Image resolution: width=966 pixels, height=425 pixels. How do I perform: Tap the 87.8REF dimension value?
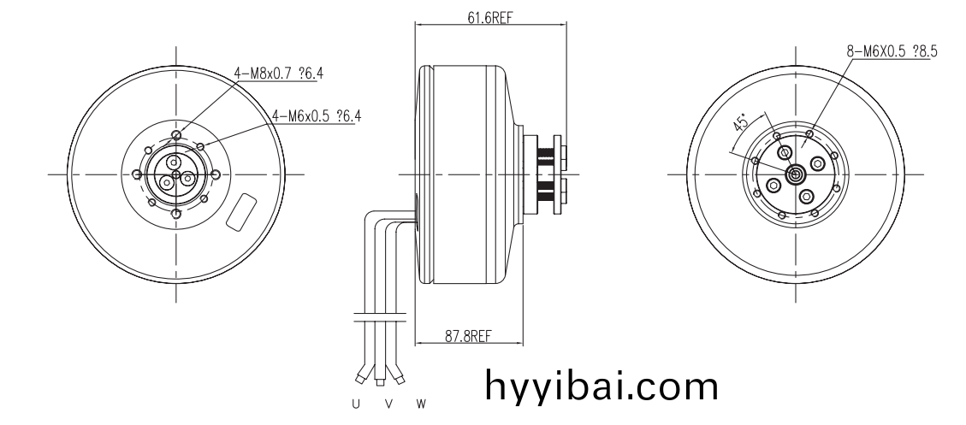coord(468,336)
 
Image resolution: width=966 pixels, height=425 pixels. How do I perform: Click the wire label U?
coord(355,404)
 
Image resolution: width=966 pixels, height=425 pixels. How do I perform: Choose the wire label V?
coord(388,404)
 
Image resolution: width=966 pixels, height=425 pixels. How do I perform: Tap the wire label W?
coord(421,404)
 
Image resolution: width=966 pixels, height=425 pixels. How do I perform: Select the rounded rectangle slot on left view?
coord(241,213)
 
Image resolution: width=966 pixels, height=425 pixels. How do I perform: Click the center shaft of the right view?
coord(796,174)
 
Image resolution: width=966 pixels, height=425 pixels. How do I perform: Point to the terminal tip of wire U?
coord(359,380)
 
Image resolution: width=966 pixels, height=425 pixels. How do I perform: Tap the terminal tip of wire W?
coord(400,380)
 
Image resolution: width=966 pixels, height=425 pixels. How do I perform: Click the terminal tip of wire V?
coord(380,382)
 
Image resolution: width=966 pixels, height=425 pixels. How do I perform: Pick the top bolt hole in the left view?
coord(177,135)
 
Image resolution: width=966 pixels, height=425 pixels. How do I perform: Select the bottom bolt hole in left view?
coord(177,214)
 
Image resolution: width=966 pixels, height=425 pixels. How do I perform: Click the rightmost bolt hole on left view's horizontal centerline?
coord(215,174)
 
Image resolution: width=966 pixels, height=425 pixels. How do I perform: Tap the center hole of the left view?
coord(176,175)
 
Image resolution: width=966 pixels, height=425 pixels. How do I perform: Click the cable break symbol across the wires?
coord(380,318)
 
